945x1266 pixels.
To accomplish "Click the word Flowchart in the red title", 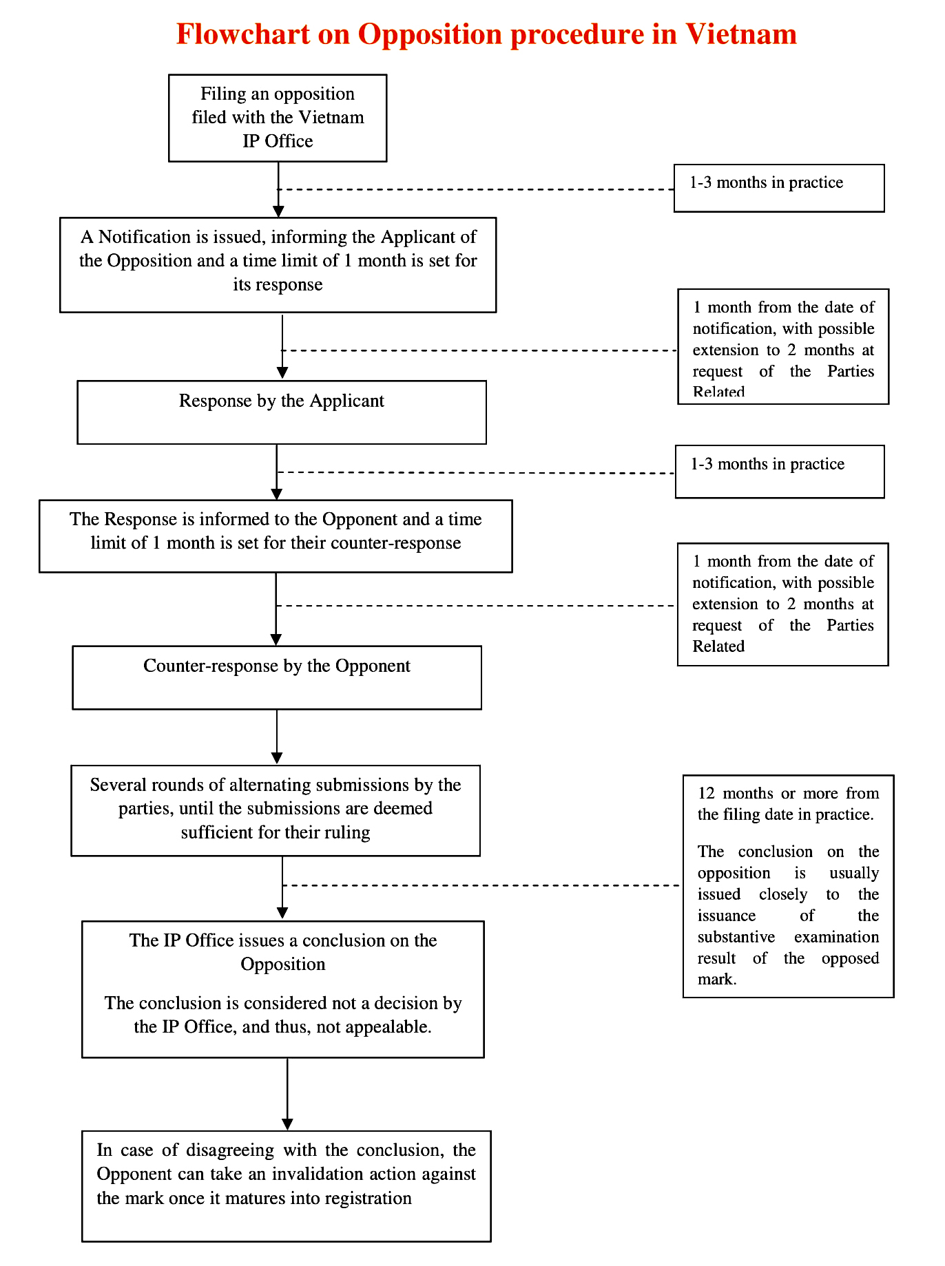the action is click(243, 34).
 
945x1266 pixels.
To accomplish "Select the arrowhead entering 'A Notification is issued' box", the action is click(278, 211).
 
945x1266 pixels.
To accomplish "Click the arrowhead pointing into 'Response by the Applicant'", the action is click(282, 373).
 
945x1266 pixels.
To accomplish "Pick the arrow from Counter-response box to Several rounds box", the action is click(277, 737).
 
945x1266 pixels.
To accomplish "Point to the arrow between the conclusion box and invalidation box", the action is click(287, 1094).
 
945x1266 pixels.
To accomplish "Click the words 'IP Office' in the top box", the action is click(278, 141).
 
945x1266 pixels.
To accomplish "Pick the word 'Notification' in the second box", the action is click(145, 237).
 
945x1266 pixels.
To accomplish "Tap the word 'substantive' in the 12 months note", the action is click(736, 937).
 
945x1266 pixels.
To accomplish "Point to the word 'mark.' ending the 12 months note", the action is click(717, 980).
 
